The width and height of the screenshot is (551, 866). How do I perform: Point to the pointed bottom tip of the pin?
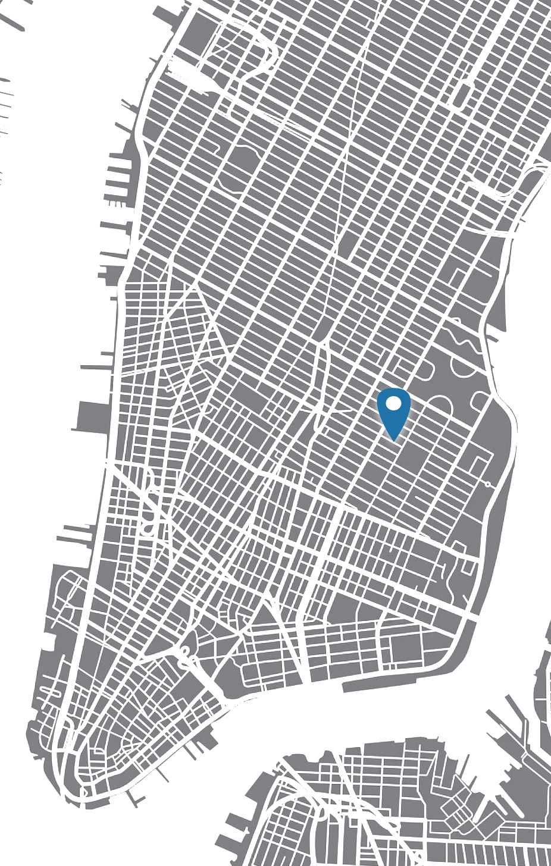pos(394,440)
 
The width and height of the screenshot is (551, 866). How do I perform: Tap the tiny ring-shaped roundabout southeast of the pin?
pos(488,485)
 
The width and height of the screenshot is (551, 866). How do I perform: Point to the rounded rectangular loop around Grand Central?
pos(461,95)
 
